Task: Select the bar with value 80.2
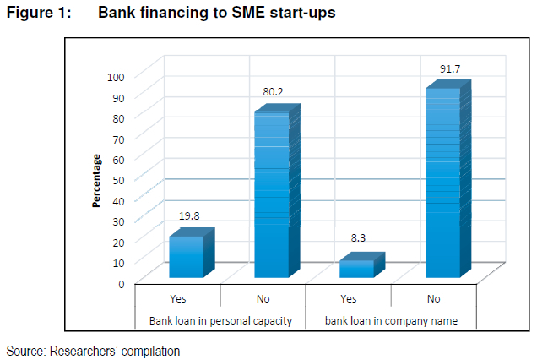(272, 194)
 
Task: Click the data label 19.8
(191, 217)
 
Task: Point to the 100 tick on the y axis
(116, 76)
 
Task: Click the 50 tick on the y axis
(119, 179)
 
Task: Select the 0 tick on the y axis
(122, 283)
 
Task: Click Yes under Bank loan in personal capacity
(177, 298)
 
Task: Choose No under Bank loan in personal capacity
(263, 298)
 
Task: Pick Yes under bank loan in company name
(348, 298)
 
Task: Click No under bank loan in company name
(434, 298)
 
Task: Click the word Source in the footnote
(24, 350)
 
